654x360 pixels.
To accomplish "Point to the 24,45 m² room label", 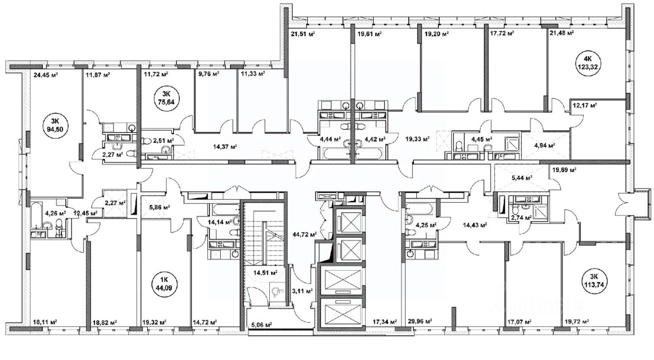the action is coord(46,75).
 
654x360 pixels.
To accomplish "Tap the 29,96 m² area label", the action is coord(420,322).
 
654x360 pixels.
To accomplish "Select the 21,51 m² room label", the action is coord(303,34).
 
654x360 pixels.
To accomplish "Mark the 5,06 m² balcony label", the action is coord(262,324).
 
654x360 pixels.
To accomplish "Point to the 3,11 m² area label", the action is coord(302,291).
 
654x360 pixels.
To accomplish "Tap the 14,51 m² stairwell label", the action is coord(265,273).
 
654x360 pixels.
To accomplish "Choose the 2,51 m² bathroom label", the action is coord(163,140).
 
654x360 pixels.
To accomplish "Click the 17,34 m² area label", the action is coord(385,322).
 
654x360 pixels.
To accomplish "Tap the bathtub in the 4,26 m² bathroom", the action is coord(36,215).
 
